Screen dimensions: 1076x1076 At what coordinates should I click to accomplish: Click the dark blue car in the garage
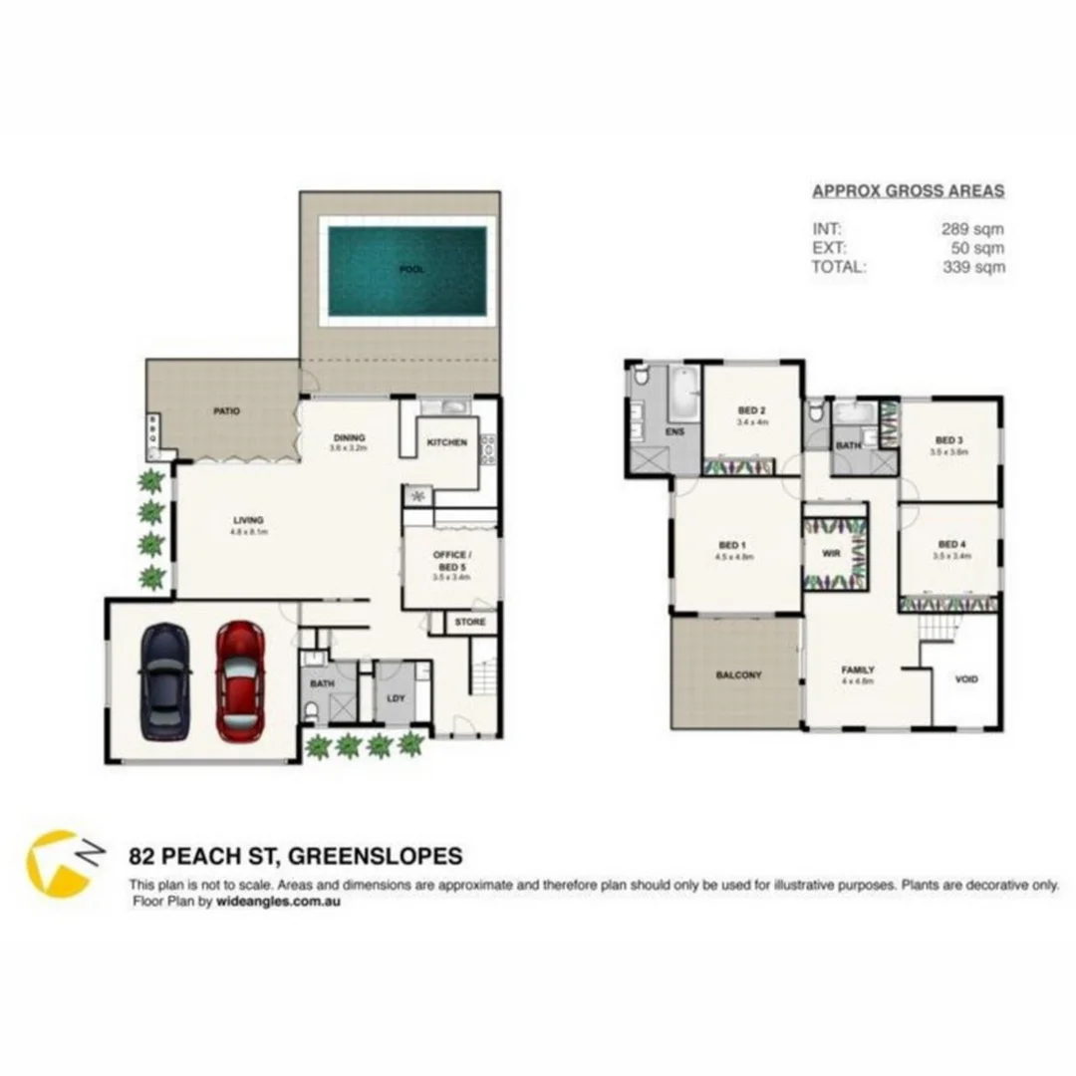click(x=164, y=680)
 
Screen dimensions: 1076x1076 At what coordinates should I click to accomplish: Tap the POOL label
click(x=410, y=270)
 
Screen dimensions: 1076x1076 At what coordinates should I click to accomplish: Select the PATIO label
click(x=226, y=410)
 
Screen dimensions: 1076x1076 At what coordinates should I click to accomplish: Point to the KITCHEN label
click(x=446, y=442)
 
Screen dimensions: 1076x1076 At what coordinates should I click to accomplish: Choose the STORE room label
click(x=470, y=623)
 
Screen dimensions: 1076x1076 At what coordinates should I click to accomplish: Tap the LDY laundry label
click(x=396, y=697)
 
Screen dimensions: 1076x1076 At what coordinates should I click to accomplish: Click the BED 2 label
click(x=751, y=410)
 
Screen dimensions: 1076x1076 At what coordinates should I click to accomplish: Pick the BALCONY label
click(x=738, y=674)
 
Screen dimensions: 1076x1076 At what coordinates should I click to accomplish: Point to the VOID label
click(x=966, y=679)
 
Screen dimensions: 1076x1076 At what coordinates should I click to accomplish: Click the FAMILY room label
click(x=858, y=671)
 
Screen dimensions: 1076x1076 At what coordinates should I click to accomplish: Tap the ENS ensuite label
click(x=673, y=432)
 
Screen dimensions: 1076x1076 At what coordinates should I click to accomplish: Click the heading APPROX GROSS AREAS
click(x=908, y=191)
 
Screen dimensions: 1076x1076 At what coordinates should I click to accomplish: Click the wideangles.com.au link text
click(x=278, y=902)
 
